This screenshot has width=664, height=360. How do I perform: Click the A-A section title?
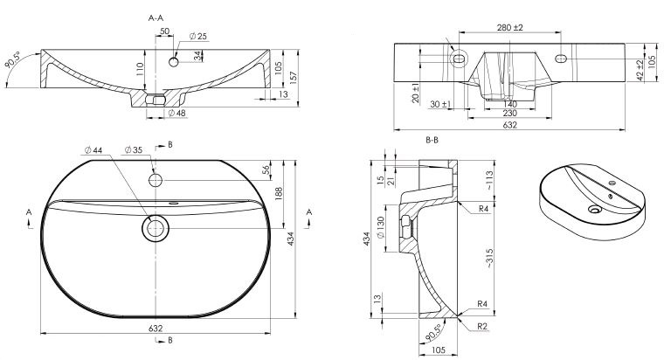pyautogui.click(x=156, y=17)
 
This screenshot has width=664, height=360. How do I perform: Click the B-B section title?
pyautogui.click(x=432, y=140)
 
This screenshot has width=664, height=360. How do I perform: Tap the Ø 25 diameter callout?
pyautogui.click(x=197, y=37)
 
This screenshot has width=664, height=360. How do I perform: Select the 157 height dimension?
pyautogui.click(x=293, y=77)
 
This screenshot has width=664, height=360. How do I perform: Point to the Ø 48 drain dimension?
pyautogui.click(x=177, y=113)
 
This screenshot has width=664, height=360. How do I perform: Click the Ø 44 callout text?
pyautogui.click(x=93, y=150)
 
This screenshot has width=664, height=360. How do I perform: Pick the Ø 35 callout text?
pyautogui.click(x=134, y=150)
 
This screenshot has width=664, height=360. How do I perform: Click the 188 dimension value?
pyautogui.click(x=279, y=194)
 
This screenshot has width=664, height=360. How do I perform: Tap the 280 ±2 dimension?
pyautogui.click(x=510, y=28)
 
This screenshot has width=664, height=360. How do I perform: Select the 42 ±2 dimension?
pyautogui.click(x=640, y=70)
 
